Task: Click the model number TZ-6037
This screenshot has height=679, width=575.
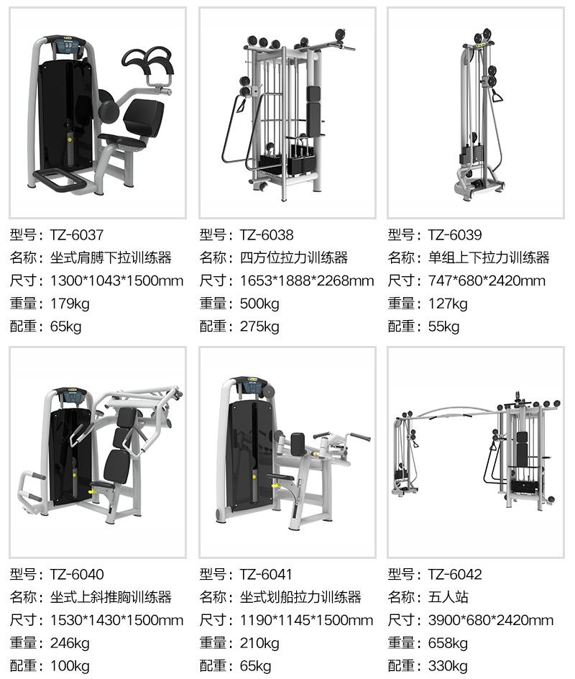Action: click(x=77, y=235)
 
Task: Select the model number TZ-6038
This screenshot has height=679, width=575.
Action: click(x=267, y=235)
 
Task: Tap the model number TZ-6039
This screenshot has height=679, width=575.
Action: click(x=455, y=235)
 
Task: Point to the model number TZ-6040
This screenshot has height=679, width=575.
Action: click(x=77, y=575)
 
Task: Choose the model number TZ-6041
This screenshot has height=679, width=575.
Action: click(x=267, y=575)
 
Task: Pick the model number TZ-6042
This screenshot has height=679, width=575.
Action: click(x=455, y=575)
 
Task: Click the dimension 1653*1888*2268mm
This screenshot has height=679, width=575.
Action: click(x=307, y=281)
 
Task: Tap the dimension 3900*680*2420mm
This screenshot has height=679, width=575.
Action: click(x=491, y=621)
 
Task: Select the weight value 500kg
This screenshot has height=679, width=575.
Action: click(x=259, y=304)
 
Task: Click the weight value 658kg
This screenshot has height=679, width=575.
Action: click(x=448, y=644)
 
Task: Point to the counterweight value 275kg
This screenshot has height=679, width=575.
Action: click(x=259, y=327)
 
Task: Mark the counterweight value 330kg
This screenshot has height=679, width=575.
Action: click(x=448, y=667)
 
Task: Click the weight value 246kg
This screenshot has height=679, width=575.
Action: click(x=70, y=644)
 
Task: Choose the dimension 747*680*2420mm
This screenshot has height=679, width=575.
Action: click(x=487, y=281)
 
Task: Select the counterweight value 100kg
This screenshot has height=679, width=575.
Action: click(x=70, y=667)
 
